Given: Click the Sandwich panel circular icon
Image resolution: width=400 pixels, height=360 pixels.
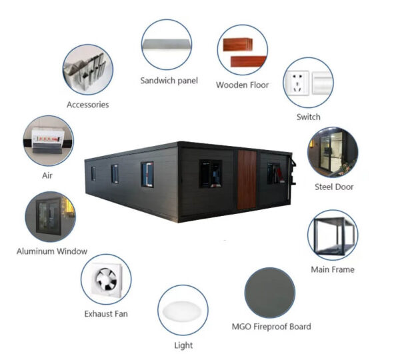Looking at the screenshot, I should click(x=167, y=45).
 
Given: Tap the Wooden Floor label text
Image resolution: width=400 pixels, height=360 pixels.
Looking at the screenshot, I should click(x=241, y=85).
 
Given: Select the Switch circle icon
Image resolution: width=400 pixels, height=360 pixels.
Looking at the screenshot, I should click(x=308, y=83).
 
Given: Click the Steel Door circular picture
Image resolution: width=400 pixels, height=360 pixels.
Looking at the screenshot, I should click(x=333, y=152).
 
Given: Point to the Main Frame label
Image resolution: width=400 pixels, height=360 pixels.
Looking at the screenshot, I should click(x=333, y=269).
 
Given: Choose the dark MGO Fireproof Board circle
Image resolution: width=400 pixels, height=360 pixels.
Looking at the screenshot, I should click(x=270, y=293).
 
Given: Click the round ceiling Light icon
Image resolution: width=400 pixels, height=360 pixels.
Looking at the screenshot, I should click(x=183, y=310).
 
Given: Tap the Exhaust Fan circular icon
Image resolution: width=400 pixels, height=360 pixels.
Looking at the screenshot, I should click(x=106, y=279).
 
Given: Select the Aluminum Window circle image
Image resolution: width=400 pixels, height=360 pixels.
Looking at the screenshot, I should click(x=51, y=217).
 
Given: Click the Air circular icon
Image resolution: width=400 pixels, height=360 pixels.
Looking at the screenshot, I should click(x=48, y=141).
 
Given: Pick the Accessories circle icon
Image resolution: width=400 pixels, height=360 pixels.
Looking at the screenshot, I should click(x=87, y=69).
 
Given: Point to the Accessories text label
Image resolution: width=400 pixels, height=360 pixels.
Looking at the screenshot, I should click(x=87, y=105).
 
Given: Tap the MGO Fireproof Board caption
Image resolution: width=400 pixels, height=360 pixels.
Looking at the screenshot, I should click(x=271, y=327).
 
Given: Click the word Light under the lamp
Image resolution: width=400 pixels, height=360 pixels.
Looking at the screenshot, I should click(x=183, y=345).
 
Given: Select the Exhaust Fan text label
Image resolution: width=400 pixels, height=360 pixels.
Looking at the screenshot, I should click(x=106, y=313).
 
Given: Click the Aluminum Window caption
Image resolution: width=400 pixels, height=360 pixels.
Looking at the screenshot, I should click(x=52, y=251).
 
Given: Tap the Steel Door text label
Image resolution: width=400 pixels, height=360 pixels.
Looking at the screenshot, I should click(x=334, y=187).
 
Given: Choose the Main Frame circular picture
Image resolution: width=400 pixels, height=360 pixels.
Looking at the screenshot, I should click(x=333, y=235).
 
